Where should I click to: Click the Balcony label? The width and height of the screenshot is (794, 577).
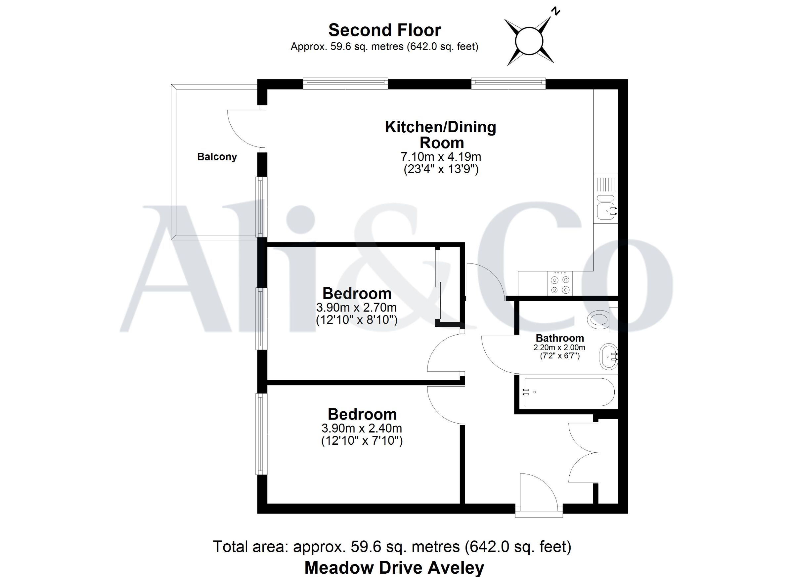217,157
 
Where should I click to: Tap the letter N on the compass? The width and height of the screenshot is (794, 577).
555,12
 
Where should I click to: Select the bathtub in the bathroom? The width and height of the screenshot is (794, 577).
569,392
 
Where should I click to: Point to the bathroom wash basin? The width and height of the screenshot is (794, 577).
609,356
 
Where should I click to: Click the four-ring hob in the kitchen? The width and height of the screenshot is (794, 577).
560,283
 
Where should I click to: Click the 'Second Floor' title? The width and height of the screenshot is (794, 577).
384,30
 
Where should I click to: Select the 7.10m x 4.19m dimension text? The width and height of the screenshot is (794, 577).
441,156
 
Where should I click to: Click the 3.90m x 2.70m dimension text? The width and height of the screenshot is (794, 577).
356,308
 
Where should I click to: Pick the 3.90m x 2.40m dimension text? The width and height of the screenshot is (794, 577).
362,428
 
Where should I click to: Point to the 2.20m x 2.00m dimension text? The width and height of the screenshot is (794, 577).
559,348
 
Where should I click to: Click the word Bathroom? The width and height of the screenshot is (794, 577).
560,338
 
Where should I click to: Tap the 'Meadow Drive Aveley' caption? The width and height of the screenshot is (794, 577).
394,567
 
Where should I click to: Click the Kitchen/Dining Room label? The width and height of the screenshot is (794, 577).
441,135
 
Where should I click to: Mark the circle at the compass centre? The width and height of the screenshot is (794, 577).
529,41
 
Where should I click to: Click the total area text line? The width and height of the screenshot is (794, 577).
392,547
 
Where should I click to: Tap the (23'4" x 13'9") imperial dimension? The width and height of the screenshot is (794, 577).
441,169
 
